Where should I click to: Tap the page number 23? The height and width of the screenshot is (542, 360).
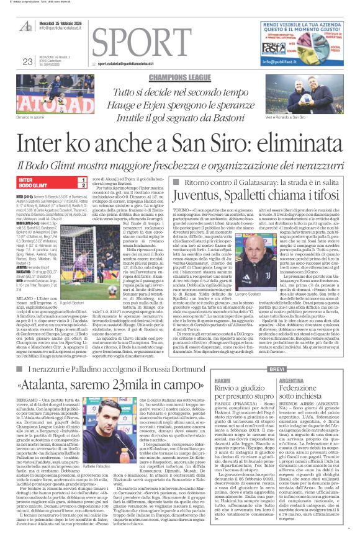point(27,61)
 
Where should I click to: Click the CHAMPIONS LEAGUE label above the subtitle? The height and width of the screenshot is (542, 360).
point(180,79)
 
